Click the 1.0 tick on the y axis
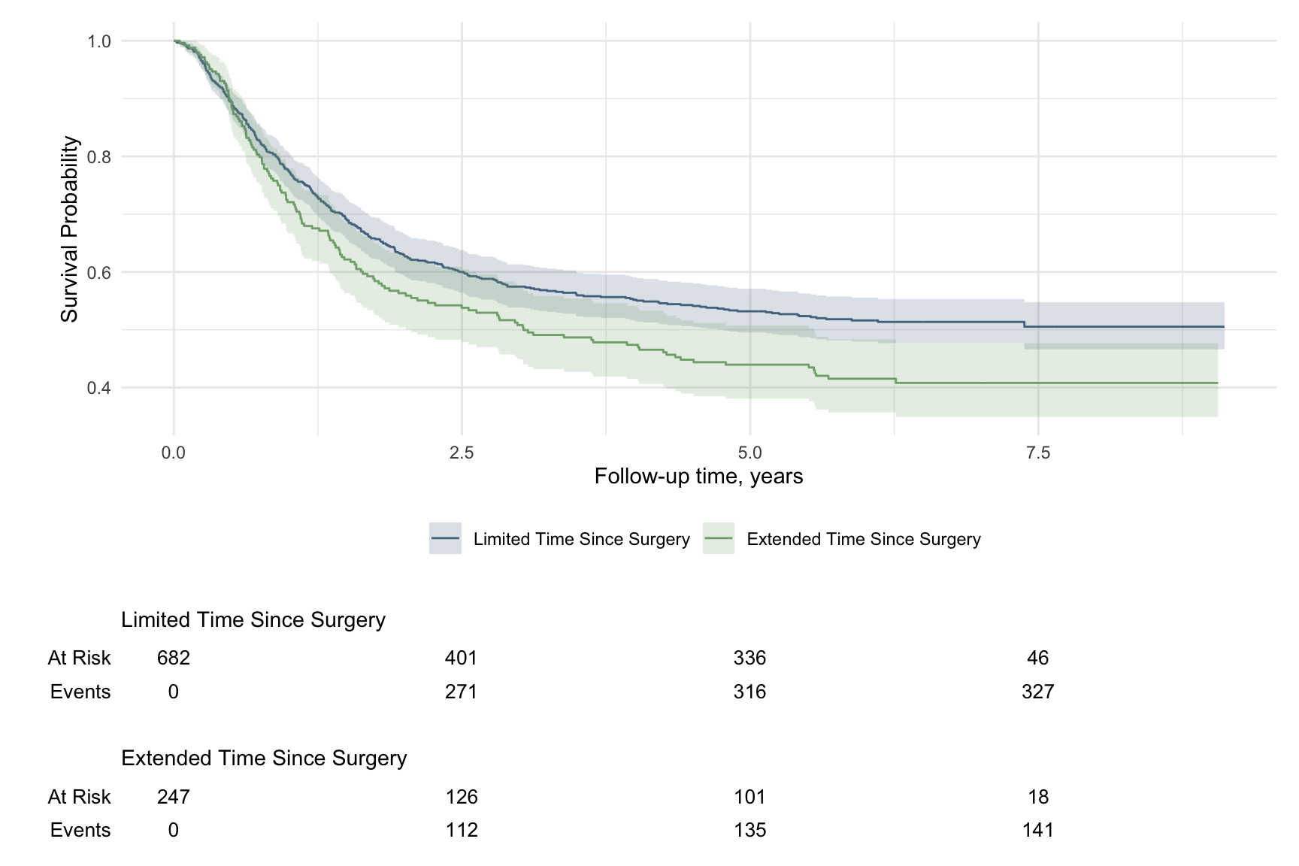pos(99,41)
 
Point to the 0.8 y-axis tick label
pos(99,157)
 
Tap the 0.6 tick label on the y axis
pos(99,272)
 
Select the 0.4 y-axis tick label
pos(99,388)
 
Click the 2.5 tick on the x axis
pos(462,453)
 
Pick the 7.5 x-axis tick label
pos(1038,453)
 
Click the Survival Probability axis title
pos(70,229)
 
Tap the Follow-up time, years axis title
pos(698,477)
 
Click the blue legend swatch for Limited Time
pos(445,539)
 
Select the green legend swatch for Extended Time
pos(719,539)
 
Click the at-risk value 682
pos(173,659)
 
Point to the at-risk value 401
pos(461,659)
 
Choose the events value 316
pos(749,692)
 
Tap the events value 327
pos(1038,692)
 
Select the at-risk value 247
pos(173,797)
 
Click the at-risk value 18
pos(1038,797)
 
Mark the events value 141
pos(1038,830)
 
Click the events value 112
pos(461,830)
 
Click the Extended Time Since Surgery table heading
pos(264,759)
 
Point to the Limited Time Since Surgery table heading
pos(253,620)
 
